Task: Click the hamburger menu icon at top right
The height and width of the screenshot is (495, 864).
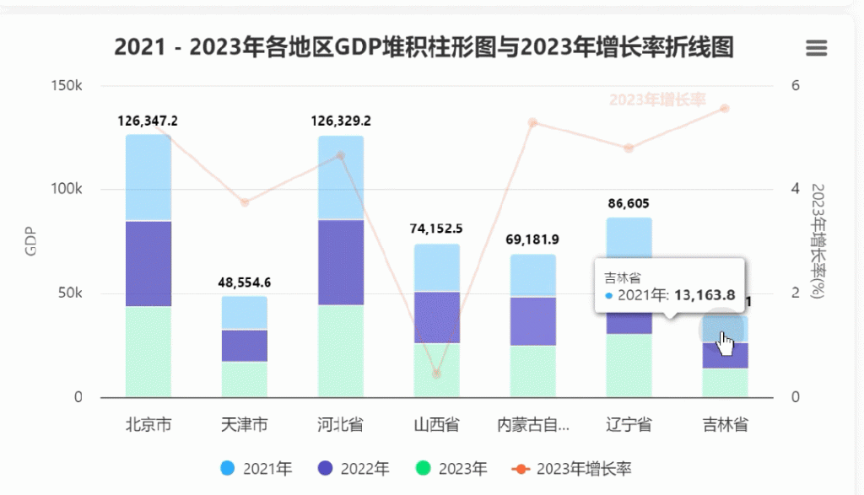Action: point(816,48)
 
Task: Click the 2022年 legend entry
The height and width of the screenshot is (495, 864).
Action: point(354,469)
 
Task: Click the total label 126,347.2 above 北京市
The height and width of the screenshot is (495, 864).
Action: point(148,121)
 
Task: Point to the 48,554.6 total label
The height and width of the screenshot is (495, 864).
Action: point(245,282)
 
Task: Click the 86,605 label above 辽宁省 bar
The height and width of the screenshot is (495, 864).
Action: point(629,203)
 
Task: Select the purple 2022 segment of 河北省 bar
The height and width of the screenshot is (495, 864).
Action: point(341,262)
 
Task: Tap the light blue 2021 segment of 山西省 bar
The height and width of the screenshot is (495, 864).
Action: point(437,267)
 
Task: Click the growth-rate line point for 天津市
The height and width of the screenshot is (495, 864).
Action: point(245,202)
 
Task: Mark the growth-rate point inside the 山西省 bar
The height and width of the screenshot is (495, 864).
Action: point(436,374)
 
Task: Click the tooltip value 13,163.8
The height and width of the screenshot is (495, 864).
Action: point(705,295)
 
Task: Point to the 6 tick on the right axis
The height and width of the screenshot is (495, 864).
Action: point(795,86)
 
